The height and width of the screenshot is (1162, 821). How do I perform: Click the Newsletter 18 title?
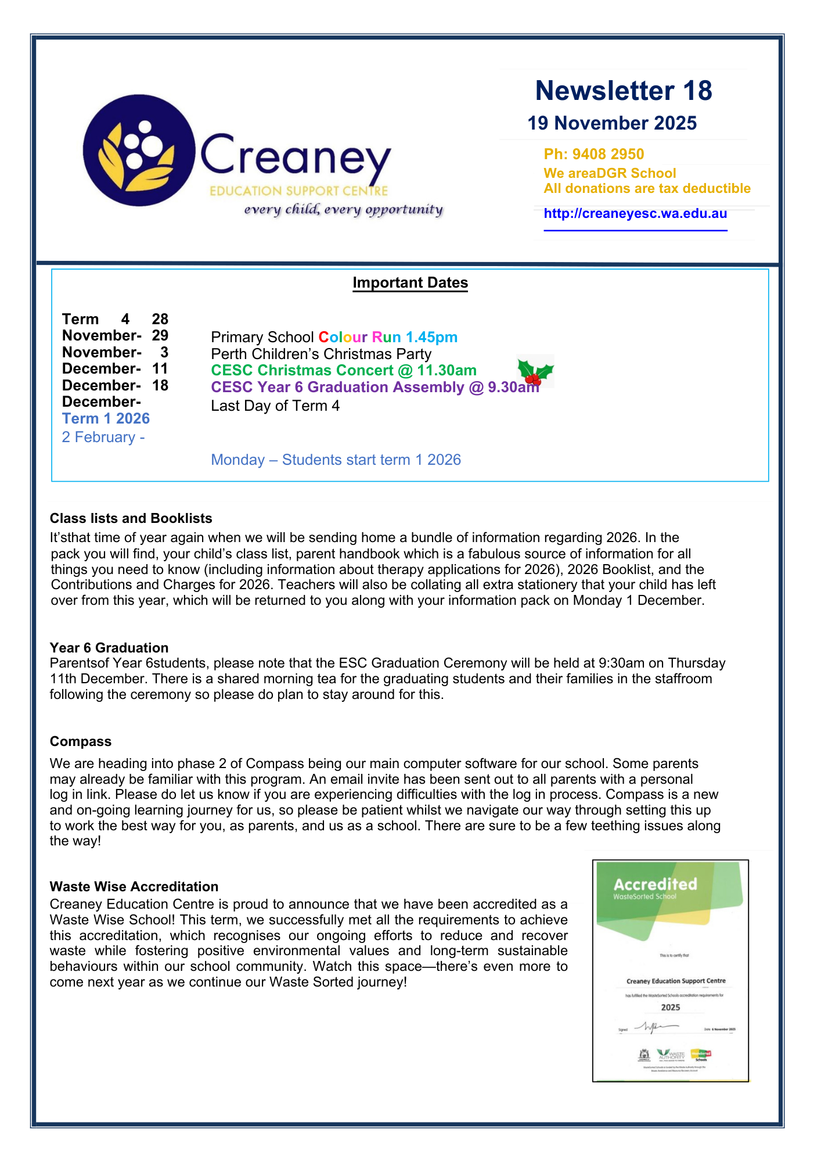(624, 91)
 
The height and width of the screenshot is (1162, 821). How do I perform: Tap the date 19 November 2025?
(612, 123)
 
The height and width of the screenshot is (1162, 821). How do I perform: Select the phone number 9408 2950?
(608, 154)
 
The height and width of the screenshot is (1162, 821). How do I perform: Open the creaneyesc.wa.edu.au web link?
(635, 213)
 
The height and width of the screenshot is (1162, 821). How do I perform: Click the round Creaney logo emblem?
(139, 150)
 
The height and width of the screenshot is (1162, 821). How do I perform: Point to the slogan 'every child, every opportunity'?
(343, 209)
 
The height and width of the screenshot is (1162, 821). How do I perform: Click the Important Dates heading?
(410, 283)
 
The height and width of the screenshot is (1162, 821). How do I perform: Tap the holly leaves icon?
(535, 371)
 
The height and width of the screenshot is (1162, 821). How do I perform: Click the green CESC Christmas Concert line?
(344, 371)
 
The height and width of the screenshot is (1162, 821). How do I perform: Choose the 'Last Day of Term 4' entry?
(275, 406)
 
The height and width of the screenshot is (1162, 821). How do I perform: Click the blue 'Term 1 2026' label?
(106, 419)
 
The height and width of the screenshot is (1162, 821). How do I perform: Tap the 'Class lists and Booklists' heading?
(131, 518)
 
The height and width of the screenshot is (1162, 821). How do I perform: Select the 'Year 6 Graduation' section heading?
(109, 648)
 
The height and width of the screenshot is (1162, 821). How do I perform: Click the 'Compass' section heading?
(81, 741)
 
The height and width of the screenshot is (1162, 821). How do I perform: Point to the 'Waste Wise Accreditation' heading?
(134, 887)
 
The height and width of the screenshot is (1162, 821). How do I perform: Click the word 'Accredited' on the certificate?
(655, 884)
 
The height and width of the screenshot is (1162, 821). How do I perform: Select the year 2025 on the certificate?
(671, 1007)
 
